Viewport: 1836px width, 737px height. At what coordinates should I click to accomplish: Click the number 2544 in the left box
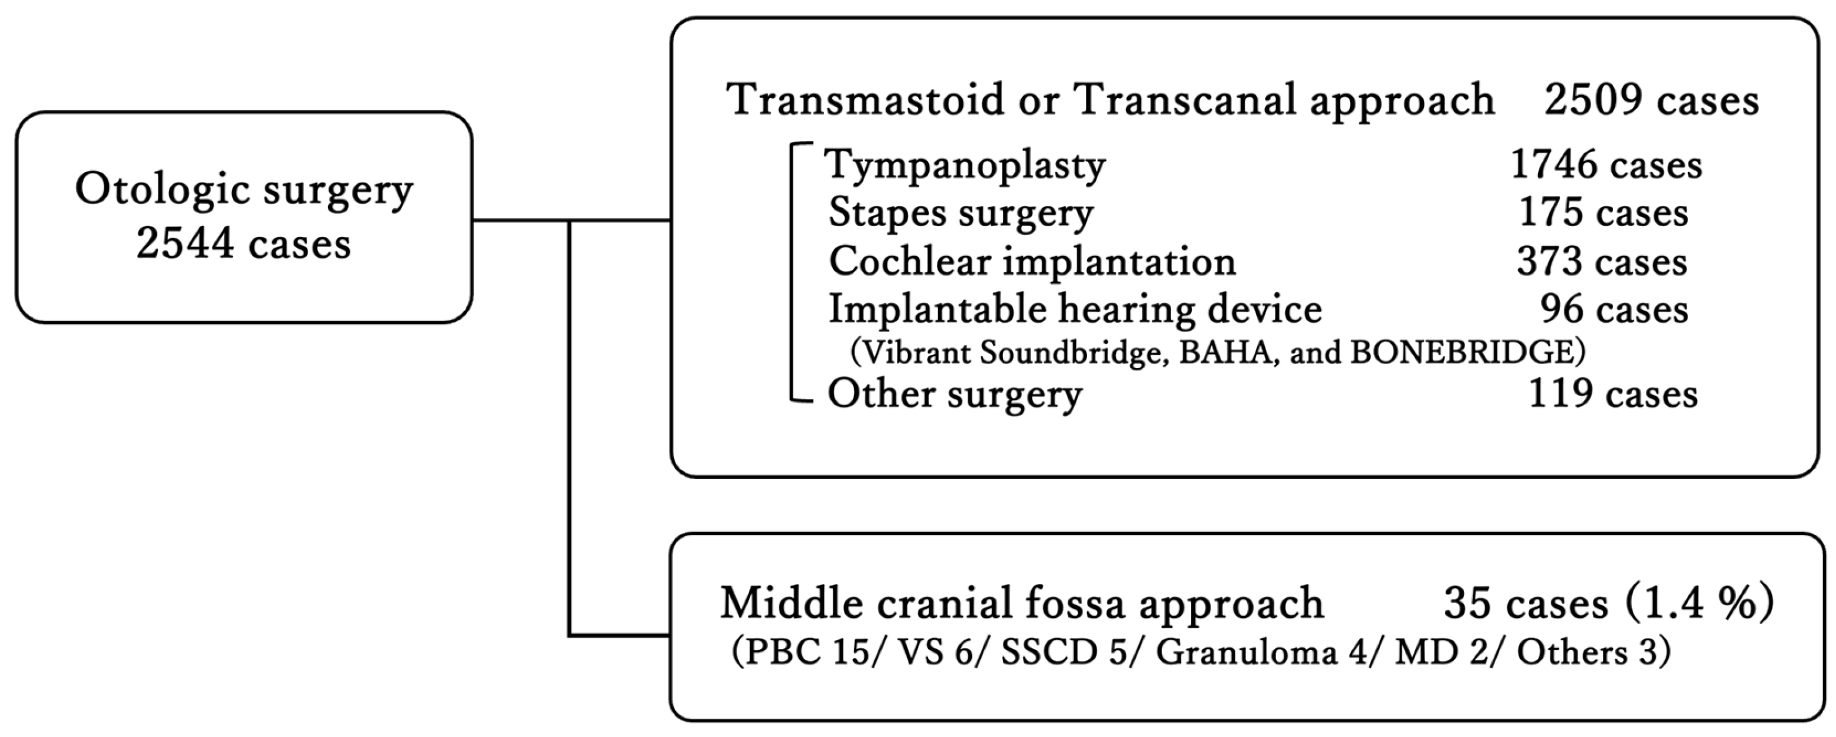click(185, 244)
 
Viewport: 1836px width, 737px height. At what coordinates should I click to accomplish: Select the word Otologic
click(163, 190)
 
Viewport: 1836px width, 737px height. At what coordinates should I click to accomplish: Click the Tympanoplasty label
click(966, 166)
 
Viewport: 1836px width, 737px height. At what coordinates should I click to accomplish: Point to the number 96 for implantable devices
click(1560, 309)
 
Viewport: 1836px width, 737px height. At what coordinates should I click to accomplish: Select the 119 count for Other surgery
click(1560, 394)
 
